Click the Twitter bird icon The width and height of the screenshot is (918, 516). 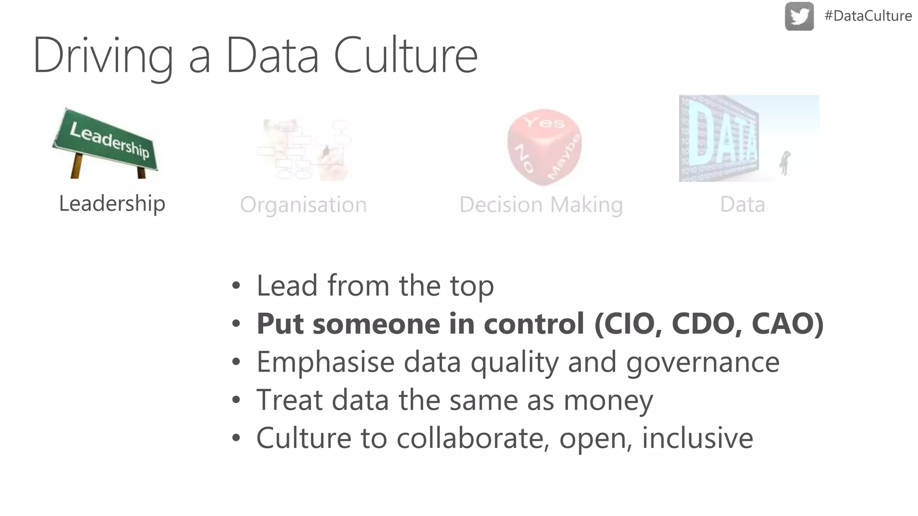point(799,17)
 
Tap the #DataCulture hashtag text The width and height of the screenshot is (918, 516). point(868,16)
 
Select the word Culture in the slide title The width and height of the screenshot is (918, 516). point(405,56)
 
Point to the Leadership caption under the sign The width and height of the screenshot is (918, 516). point(112,204)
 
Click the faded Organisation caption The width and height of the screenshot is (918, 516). point(303,205)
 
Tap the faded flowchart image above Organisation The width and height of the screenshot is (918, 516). point(304,150)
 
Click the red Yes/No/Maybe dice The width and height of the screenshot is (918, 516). point(544,146)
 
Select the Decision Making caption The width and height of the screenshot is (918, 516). point(541,205)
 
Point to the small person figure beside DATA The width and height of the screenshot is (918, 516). point(784,163)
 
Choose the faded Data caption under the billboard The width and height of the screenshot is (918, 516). point(742,205)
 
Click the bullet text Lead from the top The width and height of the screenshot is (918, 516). point(375,286)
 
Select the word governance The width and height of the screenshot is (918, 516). point(702,362)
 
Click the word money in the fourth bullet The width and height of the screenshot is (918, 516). point(608,400)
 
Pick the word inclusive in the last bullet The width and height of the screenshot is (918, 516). point(697,438)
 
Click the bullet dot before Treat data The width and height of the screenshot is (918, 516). point(236,400)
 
